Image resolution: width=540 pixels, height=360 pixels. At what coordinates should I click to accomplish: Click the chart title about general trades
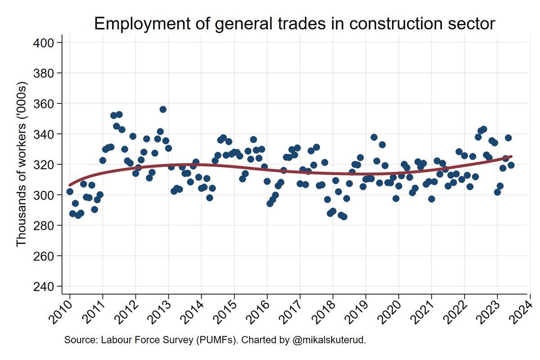pos(294,24)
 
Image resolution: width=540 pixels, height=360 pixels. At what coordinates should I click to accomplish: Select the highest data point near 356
pos(163,109)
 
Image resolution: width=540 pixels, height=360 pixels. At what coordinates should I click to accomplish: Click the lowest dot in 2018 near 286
pos(344,216)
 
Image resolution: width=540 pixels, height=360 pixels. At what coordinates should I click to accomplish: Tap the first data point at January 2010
pos(70,191)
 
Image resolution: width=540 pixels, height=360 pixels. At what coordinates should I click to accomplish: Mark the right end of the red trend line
pos(511,157)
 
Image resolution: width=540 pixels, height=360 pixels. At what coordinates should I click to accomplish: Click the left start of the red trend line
pos(70,184)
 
